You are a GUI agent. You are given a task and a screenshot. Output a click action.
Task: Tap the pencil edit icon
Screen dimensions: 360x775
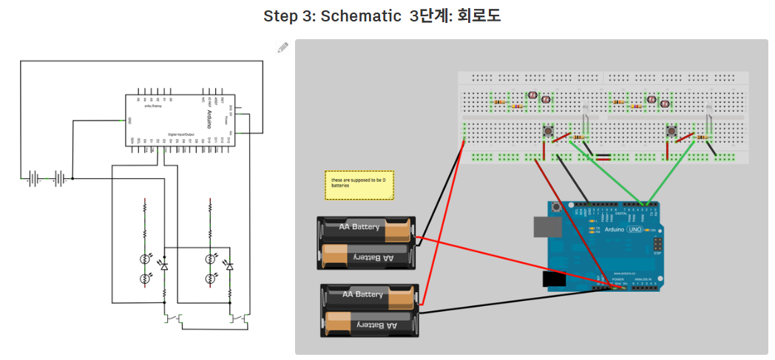pos(282,48)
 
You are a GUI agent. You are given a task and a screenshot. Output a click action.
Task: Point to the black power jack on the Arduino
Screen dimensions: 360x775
pos(553,279)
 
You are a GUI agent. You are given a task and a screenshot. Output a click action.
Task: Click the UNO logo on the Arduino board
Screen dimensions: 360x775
pos(634,230)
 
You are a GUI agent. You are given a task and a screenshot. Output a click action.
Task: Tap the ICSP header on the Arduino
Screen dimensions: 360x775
pos(654,244)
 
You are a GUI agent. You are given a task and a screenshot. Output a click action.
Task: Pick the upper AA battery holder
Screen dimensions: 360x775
pos(367,242)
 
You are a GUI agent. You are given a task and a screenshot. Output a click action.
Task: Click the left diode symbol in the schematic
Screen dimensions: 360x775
pos(164,265)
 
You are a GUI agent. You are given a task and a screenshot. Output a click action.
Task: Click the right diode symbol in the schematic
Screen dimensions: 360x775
pos(229,265)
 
